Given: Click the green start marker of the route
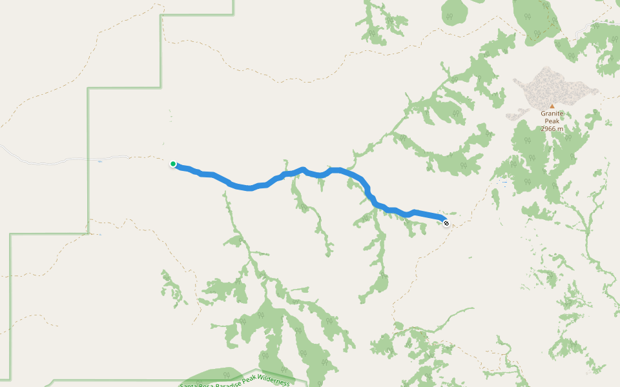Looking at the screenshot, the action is click(x=173, y=164).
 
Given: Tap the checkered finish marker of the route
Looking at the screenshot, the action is click(x=446, y=223).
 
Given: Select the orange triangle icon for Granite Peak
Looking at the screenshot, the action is click(x=552, y=106).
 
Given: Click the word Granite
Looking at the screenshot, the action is click(x=552, y=114).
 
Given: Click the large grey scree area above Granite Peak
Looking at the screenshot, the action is click(x=549, y=87).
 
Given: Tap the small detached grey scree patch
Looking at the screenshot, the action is click(x=517, y=116).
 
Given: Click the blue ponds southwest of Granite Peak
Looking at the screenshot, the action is click(x=504, y=183).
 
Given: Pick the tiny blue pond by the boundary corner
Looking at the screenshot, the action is click(x=100, y=235).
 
